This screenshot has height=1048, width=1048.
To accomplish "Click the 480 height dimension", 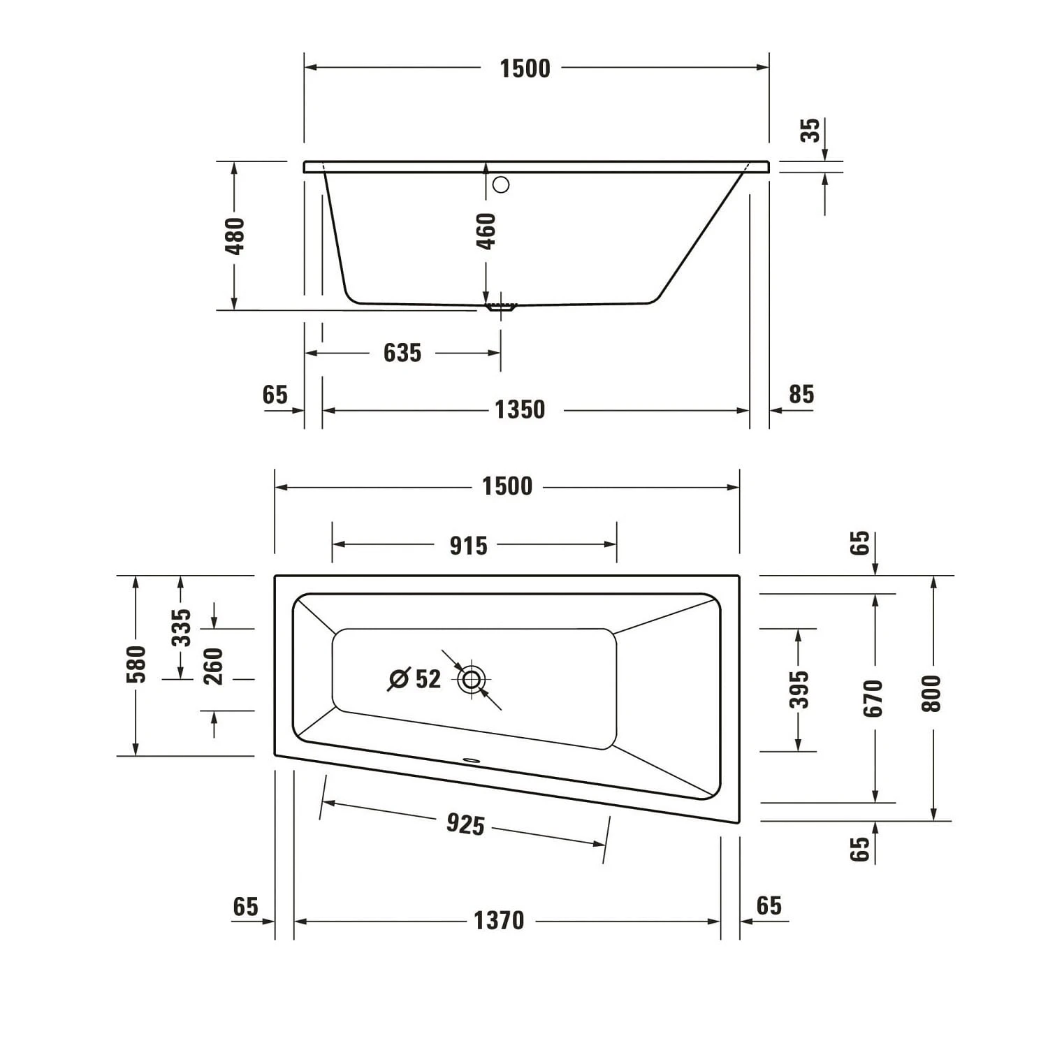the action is pos(236,235).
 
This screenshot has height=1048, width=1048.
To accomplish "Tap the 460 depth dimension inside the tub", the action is pos(486,231).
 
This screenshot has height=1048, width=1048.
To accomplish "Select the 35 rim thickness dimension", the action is pos(810,131).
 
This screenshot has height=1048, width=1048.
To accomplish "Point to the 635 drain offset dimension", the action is pos(402,353).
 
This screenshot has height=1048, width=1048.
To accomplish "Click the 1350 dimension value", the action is pos(520,409).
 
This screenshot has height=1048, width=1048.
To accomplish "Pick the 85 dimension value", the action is pos(801,395).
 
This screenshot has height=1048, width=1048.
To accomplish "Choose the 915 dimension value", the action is pos(468,546).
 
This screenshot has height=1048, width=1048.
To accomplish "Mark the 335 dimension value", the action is pos(181,627).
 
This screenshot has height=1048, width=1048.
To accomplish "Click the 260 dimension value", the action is pos(213,666).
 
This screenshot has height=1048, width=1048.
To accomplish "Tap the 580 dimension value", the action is pos(137,664).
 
